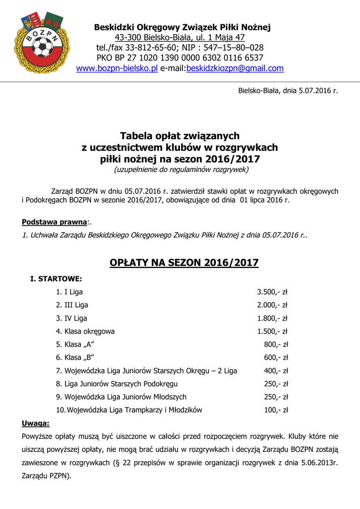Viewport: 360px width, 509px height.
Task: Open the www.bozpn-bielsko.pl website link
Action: (117, 68)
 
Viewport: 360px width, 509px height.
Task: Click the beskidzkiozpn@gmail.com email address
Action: (235, 68)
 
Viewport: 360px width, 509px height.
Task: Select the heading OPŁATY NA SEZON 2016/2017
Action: (180, 262)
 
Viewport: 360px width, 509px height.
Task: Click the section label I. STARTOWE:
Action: (56, 279)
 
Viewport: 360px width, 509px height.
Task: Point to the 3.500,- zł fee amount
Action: (272, 292)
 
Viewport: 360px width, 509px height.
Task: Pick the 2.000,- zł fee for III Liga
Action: (272, 305)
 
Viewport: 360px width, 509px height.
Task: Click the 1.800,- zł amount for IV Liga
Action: (272, 318)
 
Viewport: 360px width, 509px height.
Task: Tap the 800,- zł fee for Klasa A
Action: (276, 344)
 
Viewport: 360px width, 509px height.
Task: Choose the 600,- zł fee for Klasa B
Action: (276, 357)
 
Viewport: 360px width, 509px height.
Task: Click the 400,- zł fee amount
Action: (276, 370)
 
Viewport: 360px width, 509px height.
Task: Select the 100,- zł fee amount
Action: (276, 410)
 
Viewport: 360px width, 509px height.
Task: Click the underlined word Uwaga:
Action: (36, 423)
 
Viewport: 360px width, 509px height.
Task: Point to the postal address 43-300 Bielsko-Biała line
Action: (180, 37)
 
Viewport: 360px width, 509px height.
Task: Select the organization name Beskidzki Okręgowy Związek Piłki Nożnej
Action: (182, 27)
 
